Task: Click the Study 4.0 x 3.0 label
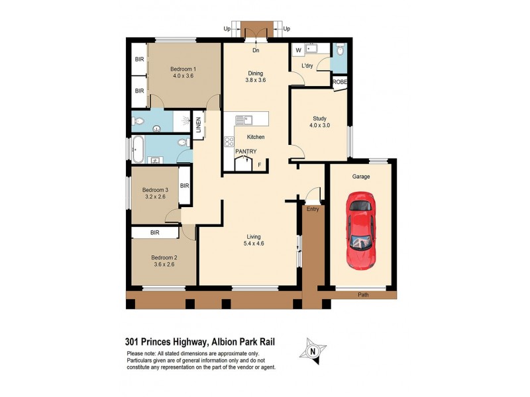pos(320,122)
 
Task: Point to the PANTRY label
pos(246,152)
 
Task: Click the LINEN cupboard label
pos(198,126)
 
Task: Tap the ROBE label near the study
pos(339,82)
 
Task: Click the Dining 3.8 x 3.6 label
pos(256,77)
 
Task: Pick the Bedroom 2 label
pos(164,261)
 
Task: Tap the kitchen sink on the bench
pos(244,120)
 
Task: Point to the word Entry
pos(313,209)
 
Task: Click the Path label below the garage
pos(363,294)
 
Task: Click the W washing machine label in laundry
pos(298,50)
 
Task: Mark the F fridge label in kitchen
pos(260,164)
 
